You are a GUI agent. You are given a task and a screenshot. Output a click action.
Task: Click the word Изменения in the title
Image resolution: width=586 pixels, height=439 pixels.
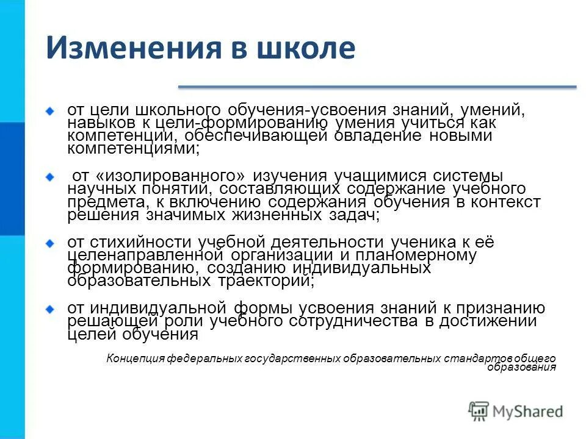pyautogui.click(x=129, y=48)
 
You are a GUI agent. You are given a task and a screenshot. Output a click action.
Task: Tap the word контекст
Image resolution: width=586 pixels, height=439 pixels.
pyautogui.click(x=508, y=202)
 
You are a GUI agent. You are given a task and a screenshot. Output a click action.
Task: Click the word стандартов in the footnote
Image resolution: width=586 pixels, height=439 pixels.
pyautogui.click(x=474, y=359)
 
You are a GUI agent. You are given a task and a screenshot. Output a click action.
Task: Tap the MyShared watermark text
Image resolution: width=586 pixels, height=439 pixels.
pyautogui.click(x=528, y=412)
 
